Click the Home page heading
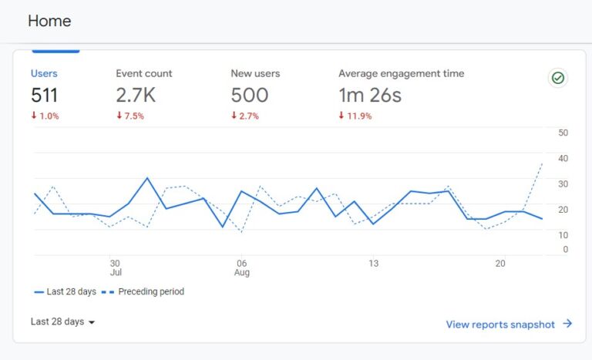[49, 21]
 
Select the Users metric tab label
[44, 74]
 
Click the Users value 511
[44, 96]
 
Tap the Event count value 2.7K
[136, 96]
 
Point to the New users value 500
[250, 96]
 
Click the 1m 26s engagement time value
[370, 96]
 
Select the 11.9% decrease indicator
[355, 116]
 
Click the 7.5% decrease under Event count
[130, 116]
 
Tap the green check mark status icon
[557, 78]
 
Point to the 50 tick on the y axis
[563, 133]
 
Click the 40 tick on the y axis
[563, 158]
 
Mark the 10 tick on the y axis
[563, 234]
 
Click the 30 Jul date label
[116, 267]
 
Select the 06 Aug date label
[241, 267]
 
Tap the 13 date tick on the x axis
[372, 263]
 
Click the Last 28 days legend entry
[66, 292]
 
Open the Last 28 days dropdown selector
[63, 322]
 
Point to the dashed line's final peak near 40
[542, 163]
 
